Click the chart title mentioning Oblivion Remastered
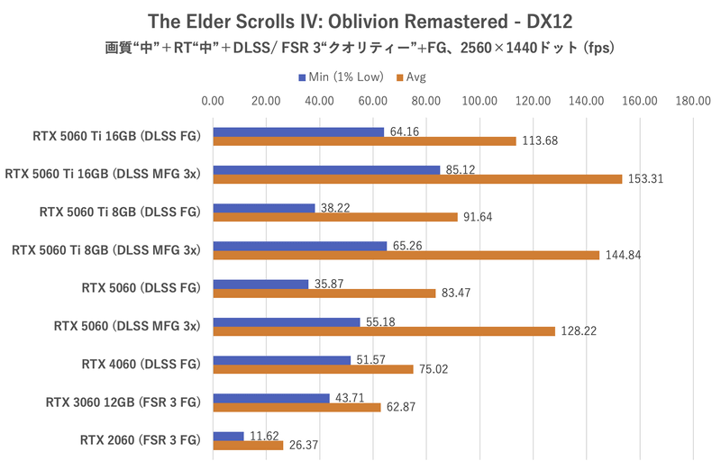pos(360,20)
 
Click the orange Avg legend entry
pos(410,77)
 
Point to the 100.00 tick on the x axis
pos(479,102)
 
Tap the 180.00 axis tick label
pos(693,102)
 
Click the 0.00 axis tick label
pos(213,102)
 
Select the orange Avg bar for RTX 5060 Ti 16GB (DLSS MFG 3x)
pos(417,178)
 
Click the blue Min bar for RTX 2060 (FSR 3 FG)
pos(228,436)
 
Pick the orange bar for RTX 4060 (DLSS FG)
pos(313,368)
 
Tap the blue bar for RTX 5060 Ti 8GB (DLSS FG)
pos(264,208)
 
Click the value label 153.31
pos(645,179)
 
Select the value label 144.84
pos(623,255)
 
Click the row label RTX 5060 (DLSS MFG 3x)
pos(141,326)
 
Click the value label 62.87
pos(404,407)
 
